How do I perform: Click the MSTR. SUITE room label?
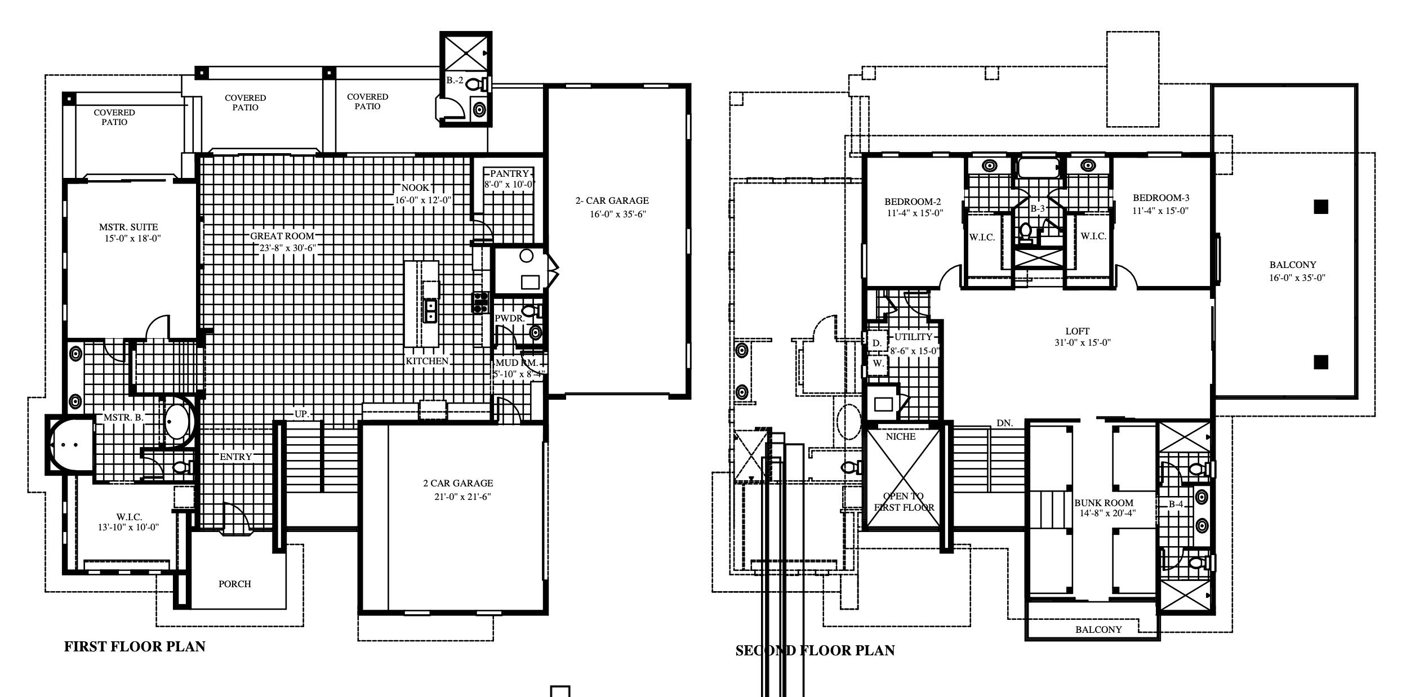(x=128, y=227)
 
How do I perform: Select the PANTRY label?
(x=509, y=173)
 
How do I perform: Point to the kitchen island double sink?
(x=430, y=310)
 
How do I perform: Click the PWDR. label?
(x=509, y=318)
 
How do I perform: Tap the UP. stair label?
(x=302, y=414)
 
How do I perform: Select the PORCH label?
(x=235, y=584)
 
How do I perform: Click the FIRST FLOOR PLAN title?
(x=135, y=646)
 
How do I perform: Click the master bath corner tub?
(x=70, y=445)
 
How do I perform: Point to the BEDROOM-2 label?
(x=913, y=202)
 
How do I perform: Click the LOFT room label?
(x=1077, y=332)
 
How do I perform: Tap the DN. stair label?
(x=1004, y=423)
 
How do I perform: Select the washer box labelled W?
(x=878, y=364)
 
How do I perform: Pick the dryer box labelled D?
(x=876, y=343)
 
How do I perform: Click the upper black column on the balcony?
(x=1321, y=207)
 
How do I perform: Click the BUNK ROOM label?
(x=1103, y=503)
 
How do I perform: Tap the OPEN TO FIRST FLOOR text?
(x=904, y=502)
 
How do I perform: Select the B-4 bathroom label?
(x=1176, y=504)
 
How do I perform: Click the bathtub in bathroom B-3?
(x=1038, y=168)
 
